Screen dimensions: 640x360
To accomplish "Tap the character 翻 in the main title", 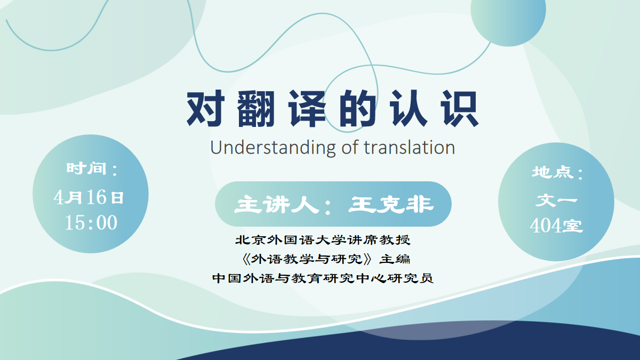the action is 256,109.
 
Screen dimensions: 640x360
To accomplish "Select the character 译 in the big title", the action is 307,109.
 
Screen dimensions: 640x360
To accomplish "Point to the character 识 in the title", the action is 460,109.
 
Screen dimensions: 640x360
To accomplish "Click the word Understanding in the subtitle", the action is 273,148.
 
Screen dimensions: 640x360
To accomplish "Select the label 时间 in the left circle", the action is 86,169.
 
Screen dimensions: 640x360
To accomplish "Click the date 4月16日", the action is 89,197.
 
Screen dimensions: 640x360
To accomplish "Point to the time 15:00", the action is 91,222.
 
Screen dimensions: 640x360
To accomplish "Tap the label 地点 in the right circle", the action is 553,173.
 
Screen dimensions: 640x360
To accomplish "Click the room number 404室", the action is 556,226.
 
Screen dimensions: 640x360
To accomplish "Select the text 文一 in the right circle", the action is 556,200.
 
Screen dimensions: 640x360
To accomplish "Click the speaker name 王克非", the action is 391,205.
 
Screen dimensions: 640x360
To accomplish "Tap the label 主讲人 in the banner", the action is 276,205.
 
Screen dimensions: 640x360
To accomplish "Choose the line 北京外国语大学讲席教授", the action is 323,240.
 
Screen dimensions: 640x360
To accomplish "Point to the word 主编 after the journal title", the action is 395,259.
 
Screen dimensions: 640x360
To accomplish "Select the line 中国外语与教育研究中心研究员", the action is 323,278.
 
